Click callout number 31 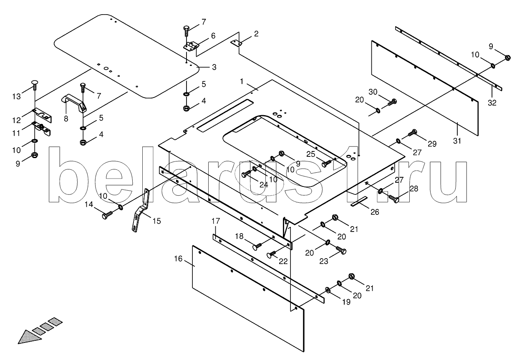click(x=457, y=141)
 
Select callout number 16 click(x=178, y=259)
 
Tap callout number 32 click(x=492, y=103)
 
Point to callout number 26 click(x=375, y=212)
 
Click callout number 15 click(x=156, y=221)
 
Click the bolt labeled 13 click(x=35, y=85)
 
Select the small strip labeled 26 click(x=359, y=202)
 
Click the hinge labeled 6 click(x=191, y=46)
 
